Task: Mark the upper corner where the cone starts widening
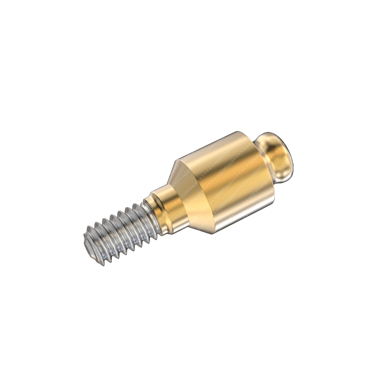click(175, 164)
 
